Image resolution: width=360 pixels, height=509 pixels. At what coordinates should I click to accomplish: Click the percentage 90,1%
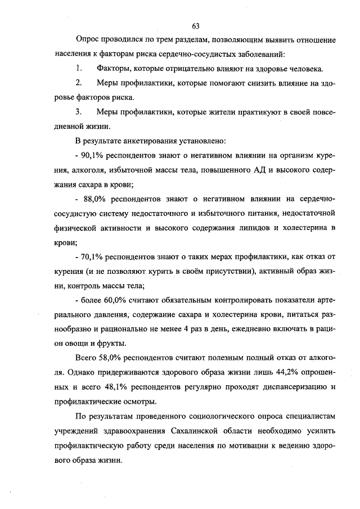(x=88, y=155)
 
